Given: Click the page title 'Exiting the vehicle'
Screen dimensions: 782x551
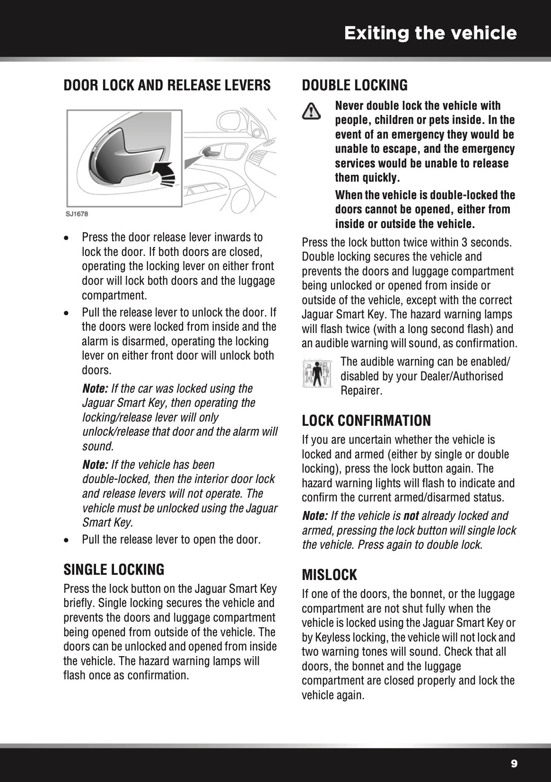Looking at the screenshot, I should pos(430,34).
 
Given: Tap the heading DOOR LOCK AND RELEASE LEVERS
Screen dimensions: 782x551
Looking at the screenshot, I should pos(167,85).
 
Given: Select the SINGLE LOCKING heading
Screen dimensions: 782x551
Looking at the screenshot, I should pos(114,569).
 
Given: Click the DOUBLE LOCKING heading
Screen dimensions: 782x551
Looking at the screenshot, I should pos(354,85).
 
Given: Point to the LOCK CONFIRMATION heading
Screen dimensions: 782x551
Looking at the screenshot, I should pos(366,420).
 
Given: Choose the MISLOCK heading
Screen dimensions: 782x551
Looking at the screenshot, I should pos(329,575).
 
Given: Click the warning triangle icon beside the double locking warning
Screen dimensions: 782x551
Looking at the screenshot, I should pos(311,112).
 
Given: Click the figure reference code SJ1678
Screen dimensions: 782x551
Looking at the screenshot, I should pos(77,214).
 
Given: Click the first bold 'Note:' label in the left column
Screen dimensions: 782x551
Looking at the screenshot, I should pos(95,389).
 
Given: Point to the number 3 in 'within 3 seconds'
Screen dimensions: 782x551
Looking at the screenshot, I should pos(464,243).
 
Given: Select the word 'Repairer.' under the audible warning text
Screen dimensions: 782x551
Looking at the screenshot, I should pos(361,391).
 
